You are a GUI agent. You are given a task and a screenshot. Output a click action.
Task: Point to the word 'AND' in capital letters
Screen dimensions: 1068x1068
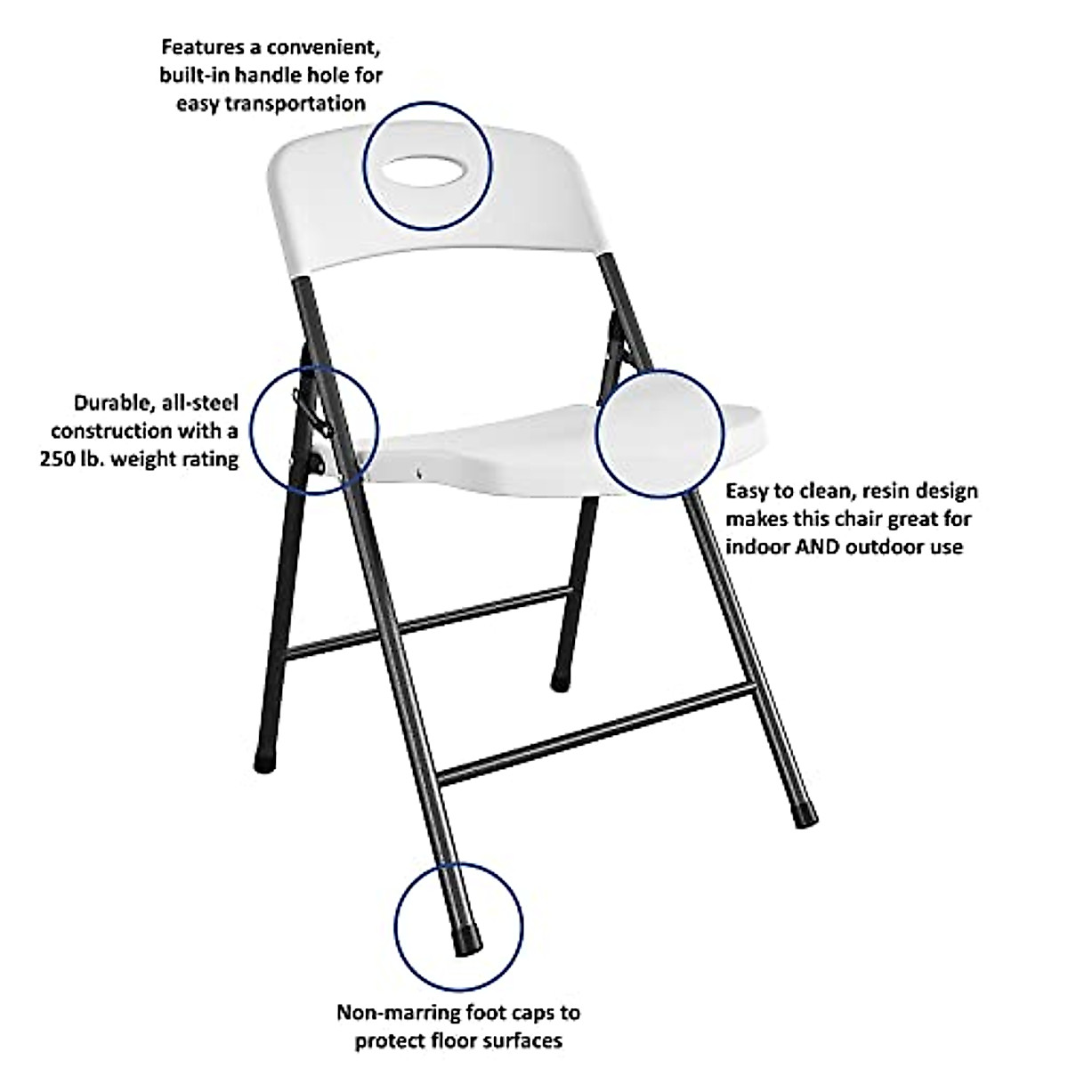pos(823,546)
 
